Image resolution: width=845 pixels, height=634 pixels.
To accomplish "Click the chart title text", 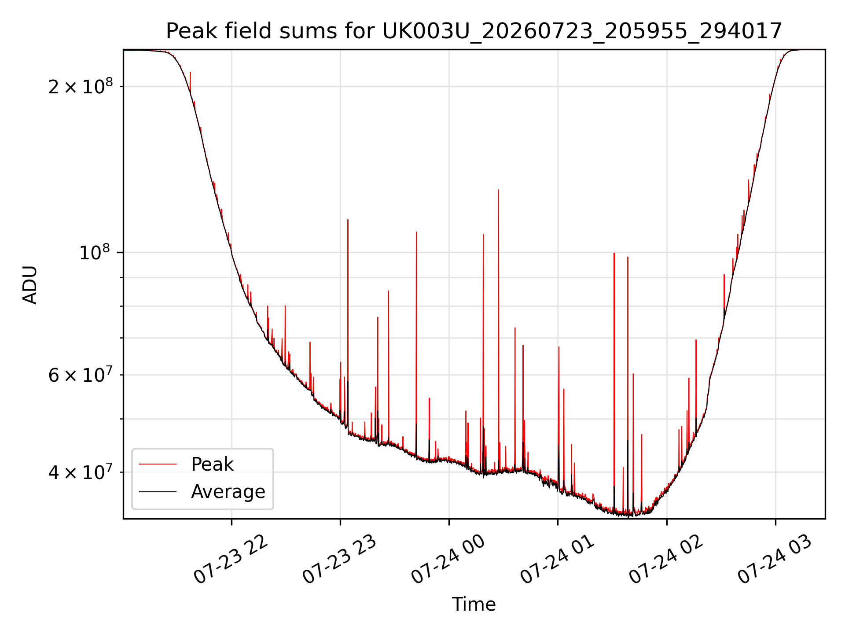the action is [474, 31].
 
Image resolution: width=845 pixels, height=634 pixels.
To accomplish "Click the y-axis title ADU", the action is [30, 284].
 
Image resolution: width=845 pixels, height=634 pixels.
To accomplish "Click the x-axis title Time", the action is [474, 604].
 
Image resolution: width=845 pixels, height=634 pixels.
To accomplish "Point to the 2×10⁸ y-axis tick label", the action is [81, 86].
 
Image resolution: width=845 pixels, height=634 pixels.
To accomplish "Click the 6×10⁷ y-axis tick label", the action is [81, 375].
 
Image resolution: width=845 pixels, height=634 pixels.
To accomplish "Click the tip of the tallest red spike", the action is [498, 190].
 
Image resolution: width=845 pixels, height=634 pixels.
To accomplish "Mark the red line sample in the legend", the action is [158, 464].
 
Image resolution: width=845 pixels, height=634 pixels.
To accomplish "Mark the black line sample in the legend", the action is [158, 491].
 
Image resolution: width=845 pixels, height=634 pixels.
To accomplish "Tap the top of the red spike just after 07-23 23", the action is [348, 219].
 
